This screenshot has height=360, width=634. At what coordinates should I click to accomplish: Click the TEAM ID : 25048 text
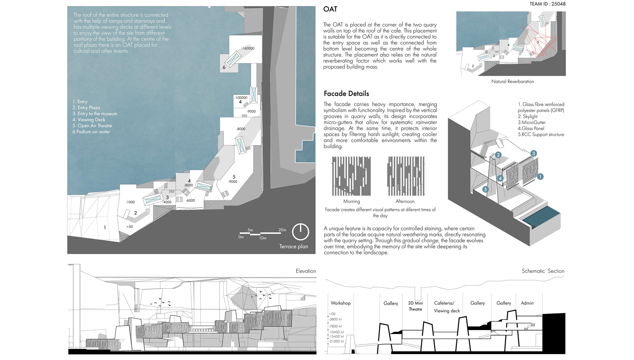click(x=547, y=4)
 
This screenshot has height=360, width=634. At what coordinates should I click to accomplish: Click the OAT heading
click(x=330, y=10)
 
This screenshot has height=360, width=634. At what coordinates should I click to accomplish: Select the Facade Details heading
click(x=346, y=94)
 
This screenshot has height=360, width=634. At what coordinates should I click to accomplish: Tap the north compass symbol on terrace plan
click(x=300, y=232)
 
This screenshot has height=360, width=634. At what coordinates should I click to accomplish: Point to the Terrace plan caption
click(x=293, y=247)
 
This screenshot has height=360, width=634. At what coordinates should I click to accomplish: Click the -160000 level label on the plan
click(x=248, y=48)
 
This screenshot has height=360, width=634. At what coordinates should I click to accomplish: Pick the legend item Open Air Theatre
click(x=92, y=126)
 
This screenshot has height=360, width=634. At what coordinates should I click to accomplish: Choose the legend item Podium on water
click(x=91, y=132)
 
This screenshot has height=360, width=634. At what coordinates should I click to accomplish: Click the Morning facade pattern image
click(x=351, y=176)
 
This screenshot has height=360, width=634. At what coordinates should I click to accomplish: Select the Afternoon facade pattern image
click(x=406, y=176)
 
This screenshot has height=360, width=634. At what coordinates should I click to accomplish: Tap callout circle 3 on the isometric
click(x=534, y=154)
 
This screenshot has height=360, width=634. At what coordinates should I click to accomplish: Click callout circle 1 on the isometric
click(x=540, y=176)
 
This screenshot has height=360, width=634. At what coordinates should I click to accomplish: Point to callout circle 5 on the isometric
click(x=485, y=190)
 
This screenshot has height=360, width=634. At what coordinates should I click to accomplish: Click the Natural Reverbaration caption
click(x=512, y=81)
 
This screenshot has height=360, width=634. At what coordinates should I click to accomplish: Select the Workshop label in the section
click(x=340, y=303)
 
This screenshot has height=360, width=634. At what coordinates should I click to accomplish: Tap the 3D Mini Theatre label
click(x=415, y=306)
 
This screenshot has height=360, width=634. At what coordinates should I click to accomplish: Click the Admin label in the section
click(x=527, y=303)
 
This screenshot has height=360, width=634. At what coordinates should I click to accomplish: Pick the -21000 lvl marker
click(x=336, y=341)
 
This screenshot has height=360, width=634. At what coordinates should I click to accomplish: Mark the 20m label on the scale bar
click(x=282, y=230)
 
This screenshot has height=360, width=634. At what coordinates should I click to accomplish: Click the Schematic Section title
click(x=543, y=271)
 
